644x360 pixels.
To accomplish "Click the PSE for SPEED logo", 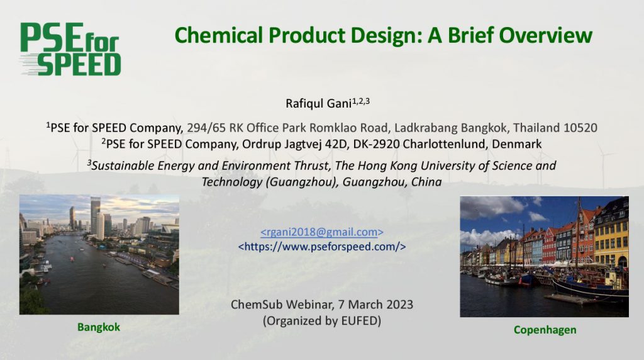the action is pyautogui.click(x=70, y=49).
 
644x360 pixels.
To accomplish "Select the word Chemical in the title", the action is pyautogui.click(x=218, y=35).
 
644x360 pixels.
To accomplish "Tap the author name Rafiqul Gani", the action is pyautogui.click(x=318, y=103).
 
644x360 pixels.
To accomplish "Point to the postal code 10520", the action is pyautogui.click(x=580, y=128).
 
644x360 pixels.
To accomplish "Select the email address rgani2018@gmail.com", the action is pyautogui.click(x=322, y=232).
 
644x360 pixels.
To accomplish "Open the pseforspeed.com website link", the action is pyautogui.click(x=322, y=247).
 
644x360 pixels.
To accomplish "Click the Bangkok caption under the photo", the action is pyautogui.click(x=99, y=327).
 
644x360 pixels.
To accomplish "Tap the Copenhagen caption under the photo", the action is pyautogui.click(x=545, y=330).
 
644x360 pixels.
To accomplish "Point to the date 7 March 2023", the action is pyautogui.click(x=375, y=305).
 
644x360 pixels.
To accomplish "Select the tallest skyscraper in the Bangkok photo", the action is pyautogui.click(x=96, y=216).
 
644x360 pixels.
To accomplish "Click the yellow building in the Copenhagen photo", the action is pyautogui.click(x=611, y=239).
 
